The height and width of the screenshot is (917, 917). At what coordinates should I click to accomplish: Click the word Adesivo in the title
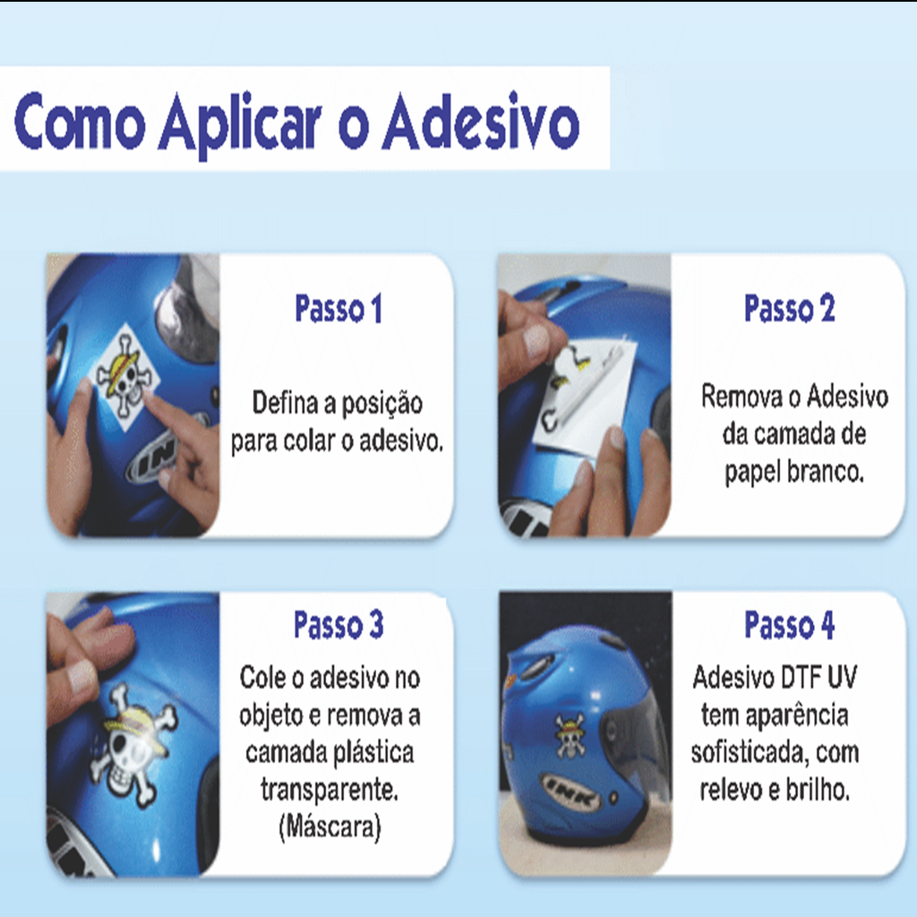pyautogui.click(x=481, y=122)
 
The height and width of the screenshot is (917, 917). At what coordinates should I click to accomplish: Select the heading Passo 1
pyautogui.click(x=339, y=308)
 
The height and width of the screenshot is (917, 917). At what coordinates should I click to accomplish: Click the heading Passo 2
pyautogui.click(x=790, y=308)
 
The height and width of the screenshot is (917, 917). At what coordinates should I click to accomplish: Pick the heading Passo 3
pyautogui.click(x=339, y=624)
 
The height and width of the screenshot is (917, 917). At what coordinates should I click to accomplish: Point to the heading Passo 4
pyautogui.click(x=790, y=624)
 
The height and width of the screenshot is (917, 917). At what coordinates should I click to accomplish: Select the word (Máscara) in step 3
pyautogui.click(x=330, y=827)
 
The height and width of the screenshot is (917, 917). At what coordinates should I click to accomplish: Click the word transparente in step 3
pyautogui.click(x=330, y=790)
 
